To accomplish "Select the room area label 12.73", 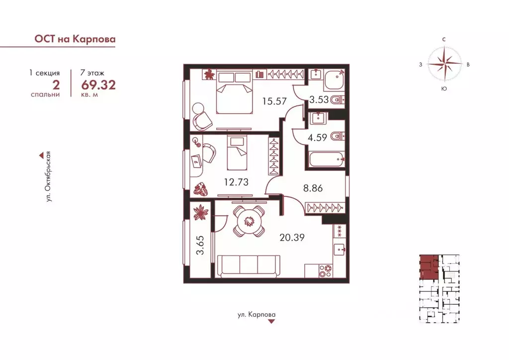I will [x=236, y=182].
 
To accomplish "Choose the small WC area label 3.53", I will [x=319, y=99].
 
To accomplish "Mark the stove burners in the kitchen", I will [x=326, y=270].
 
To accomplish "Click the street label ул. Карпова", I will [x=256, y=315].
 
